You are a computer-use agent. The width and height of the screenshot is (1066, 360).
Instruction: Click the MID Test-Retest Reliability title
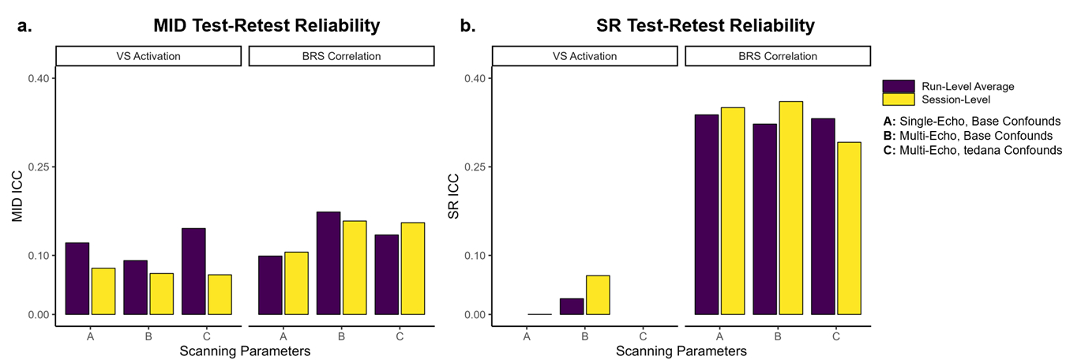[x=266, y=26]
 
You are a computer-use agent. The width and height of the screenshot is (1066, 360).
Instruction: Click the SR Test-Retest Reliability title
[x=705, y=26]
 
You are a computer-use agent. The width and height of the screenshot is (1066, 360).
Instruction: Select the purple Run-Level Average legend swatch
[x=898, y=86]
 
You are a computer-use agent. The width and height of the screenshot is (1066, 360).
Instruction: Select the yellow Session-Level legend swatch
[x=898, y=99]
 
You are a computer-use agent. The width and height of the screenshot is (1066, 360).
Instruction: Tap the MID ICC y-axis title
[x=18, y=195]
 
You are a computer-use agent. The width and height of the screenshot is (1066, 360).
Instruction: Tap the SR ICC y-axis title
[x=455, y=195]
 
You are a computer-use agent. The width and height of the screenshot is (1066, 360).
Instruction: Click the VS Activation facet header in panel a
[x=148, y=56]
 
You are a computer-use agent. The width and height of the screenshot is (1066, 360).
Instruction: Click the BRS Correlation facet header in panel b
[x=778, y=56]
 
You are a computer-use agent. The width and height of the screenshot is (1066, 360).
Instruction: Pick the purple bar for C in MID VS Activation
[x=193, y=271]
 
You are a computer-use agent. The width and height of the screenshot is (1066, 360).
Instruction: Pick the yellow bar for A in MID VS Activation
[x=103, y=291]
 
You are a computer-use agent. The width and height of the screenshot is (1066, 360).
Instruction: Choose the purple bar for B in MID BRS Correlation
[x=328, y=263]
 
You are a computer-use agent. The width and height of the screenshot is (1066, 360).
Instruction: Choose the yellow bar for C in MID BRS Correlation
[x=412, y=268]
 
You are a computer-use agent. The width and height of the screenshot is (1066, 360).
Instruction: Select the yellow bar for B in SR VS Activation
[x=599, y=294]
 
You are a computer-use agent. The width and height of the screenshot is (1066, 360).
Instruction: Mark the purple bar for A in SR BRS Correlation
[x=706, y=214]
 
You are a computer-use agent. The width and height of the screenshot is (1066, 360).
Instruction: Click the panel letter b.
[x=467, y=26]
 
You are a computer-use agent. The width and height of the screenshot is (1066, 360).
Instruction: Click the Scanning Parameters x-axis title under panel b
[x=681, y=350]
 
